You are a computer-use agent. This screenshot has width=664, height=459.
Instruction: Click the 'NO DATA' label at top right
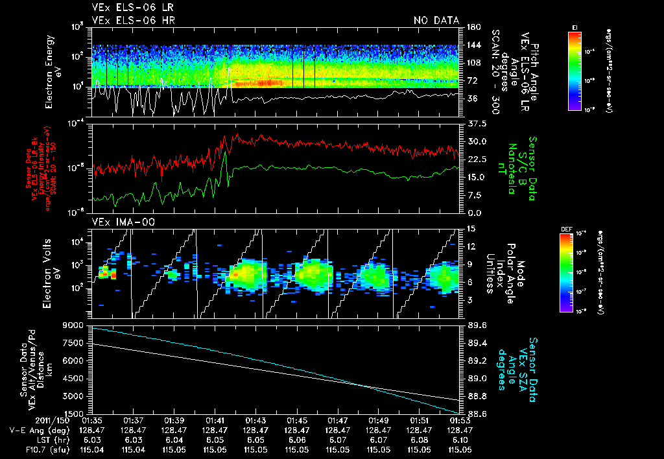point(436,20)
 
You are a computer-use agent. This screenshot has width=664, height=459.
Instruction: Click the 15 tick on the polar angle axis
point(470,229)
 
